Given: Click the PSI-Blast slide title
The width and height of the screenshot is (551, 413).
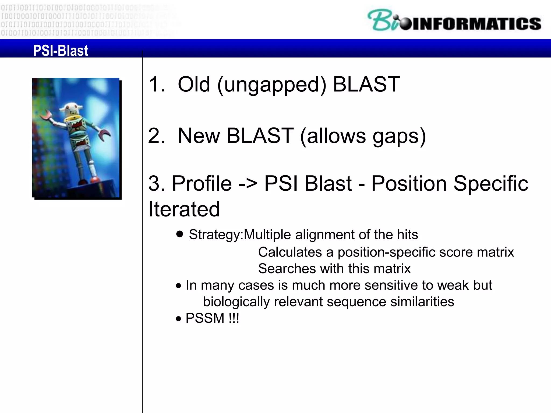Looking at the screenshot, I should tap(61, 51).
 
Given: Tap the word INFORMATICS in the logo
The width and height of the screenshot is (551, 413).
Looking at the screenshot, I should tap(476, 24).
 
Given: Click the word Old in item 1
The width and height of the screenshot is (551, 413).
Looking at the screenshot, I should tap(194, 84).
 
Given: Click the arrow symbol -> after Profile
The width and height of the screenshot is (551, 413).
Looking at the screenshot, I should tap(248, 184).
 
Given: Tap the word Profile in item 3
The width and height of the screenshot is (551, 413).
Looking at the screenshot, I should tap(202, 184).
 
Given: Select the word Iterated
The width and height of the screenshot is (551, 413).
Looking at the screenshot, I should tap(184, 209).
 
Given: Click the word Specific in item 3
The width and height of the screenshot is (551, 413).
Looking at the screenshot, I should tap(491, 184).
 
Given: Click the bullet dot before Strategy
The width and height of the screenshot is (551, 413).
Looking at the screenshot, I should tap(179, 234).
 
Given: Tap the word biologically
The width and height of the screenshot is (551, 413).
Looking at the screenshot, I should tap(236, 302).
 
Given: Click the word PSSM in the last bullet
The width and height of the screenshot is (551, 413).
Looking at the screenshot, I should tap(205, 318).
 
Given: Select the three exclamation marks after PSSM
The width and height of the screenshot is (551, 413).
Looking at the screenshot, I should tap(234, 318).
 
